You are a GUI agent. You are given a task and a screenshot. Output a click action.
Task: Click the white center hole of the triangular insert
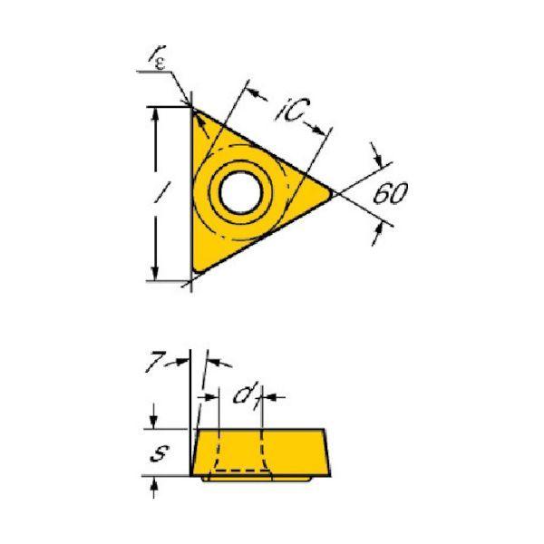(241, 192)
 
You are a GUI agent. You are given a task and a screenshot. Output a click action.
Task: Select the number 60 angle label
(390, 194)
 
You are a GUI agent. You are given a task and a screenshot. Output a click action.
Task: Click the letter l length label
(160, 193)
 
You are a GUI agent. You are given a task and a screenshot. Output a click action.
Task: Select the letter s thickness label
(160, 452)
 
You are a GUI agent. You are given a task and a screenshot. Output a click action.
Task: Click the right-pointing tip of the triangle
(332, 194)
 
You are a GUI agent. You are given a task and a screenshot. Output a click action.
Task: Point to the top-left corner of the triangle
(193, 108)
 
